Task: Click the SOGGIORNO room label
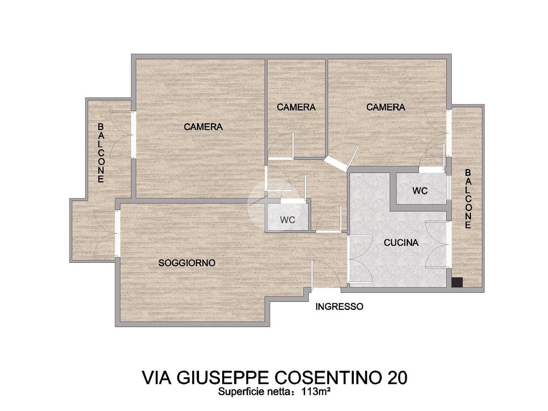coord(187,263)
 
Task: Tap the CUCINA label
coord(401,242)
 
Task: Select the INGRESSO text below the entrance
coord(339,307)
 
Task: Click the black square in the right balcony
coord(457,283)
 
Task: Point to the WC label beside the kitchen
coord(420,191)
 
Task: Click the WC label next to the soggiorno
coord(287,220)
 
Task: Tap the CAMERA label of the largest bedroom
coord(203,127)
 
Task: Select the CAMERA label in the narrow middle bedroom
coord(296,107)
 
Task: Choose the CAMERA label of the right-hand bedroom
coord(385,107)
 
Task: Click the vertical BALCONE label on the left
coord(101,153)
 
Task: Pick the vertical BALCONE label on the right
coord(468,199)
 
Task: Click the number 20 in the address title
coord(397,377)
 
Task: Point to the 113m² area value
coord(316,392)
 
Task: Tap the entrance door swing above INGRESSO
coord(326,275)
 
